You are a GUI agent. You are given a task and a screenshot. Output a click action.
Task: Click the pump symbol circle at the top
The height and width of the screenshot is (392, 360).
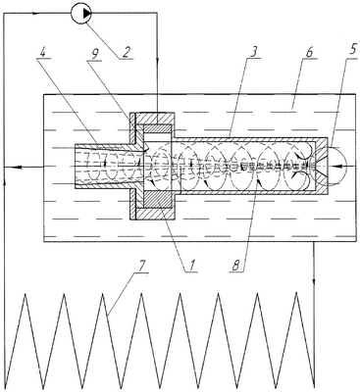click(x=81, y=13)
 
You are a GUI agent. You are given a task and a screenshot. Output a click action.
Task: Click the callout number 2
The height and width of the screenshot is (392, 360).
click(x=126, y=52)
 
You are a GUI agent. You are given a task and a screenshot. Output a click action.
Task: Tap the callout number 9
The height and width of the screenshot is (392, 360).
click(x=94, y=52)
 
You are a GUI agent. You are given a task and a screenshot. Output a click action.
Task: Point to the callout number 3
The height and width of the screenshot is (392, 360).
click(x=254, y=51)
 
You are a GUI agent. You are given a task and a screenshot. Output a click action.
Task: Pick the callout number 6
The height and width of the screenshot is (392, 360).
click(x=310, y=52)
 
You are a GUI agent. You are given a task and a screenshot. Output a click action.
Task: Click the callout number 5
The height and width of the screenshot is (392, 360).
click(x=349, y=52)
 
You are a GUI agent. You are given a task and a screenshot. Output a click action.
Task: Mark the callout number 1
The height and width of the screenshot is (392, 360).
click(x=192, y=266)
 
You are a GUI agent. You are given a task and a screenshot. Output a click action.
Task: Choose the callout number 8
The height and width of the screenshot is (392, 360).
click(x=237, y=266)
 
